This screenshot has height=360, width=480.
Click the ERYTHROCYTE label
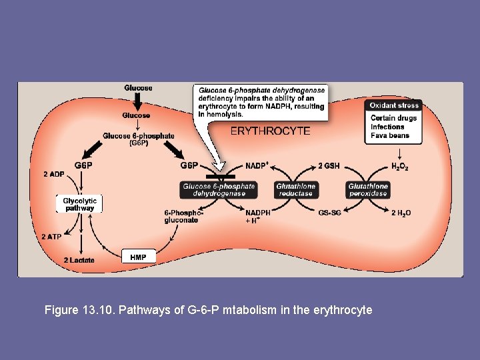(x=270, y=131)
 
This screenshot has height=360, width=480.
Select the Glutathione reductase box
(x=295, y=190)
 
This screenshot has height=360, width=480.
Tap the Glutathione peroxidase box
(x=367, y=190)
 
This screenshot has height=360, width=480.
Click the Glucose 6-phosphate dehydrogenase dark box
(x=219, y=190)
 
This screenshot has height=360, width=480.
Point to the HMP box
(x=138, y=257)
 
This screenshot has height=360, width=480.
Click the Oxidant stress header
(x=393, y=105)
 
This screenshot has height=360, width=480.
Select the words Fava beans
(x=390, y=135)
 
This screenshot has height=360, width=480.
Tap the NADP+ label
(x=257, y=165)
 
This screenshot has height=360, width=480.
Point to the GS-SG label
(x=331, y=213)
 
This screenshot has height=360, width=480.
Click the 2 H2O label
(x=401, y=213)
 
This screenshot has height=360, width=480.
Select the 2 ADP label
(x=53, y=175)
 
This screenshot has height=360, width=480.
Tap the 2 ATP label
(x=53, y=237)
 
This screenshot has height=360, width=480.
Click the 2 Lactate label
(x=79, y=260)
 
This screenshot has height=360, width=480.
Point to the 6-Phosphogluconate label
(x=181, y=216)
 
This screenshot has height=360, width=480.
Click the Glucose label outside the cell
(x=138, y=88)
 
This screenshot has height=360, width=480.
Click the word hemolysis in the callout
(x=223, y=114)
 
